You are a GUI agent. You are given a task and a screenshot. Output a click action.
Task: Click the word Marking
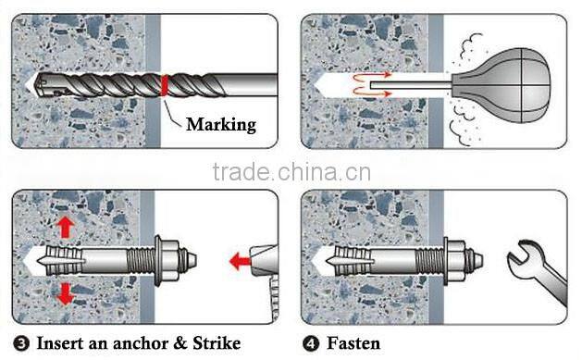221,123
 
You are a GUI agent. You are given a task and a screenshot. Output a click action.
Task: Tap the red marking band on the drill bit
164,84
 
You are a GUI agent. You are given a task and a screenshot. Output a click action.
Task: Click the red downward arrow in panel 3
65,293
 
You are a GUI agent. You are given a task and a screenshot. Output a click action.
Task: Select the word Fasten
353,343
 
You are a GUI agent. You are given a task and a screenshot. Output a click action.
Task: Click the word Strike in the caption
215,343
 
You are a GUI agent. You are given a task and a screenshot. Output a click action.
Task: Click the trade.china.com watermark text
291,174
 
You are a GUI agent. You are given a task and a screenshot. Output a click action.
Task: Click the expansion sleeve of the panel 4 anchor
362,261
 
